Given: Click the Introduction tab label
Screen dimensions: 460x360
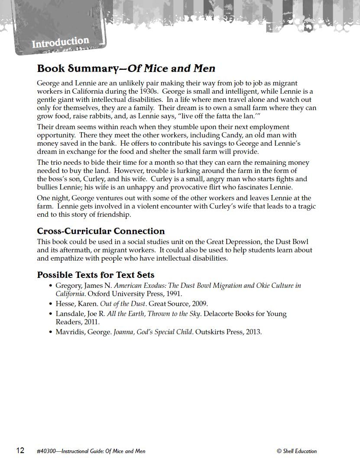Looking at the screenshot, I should tap(60, 42).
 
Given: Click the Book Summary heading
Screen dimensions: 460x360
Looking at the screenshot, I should tap(126, 69).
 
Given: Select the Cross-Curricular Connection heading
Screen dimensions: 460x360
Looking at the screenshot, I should tap(101, 231).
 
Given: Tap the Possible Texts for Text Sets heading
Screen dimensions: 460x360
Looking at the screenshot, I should tap(95, 275).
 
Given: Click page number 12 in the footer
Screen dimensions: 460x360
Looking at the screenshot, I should tap(20, 450).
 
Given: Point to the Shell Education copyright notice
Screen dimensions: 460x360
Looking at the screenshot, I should tap(297, 451).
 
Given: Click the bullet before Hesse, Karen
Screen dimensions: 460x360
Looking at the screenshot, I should tap(51, 304).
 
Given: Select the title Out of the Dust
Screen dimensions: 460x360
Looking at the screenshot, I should tap(123, 304).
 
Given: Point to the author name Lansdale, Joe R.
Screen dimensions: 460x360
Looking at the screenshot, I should tap(80, 314).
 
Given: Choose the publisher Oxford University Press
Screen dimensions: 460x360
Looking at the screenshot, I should tap(119, 294).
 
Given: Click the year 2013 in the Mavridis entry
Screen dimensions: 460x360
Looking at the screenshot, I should tap(253, 332).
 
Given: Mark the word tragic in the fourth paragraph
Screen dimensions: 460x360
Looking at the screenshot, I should tap(305, 206).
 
